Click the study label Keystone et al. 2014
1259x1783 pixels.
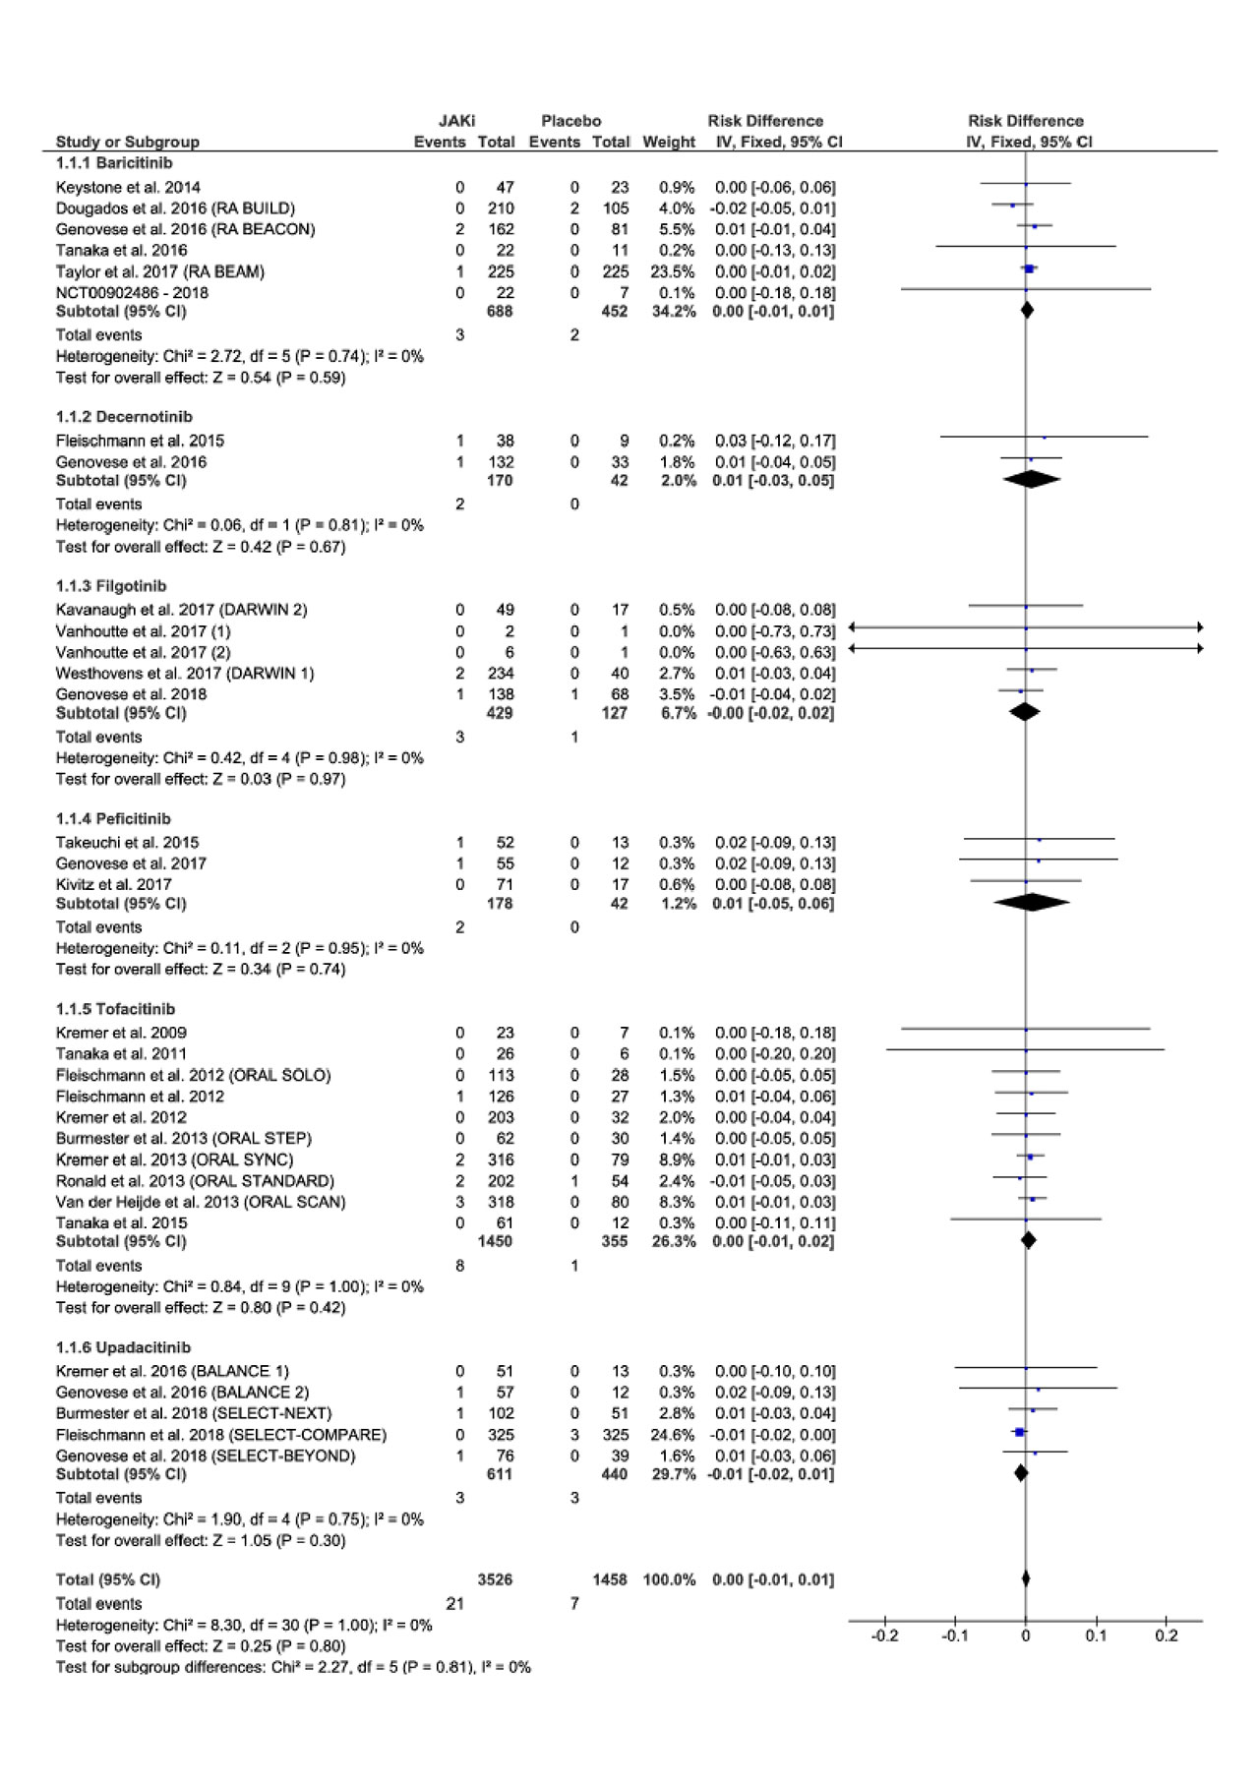pyautogui.click(x=128, y=187)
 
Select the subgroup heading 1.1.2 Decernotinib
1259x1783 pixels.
pyautogui.click(x=124, y=417)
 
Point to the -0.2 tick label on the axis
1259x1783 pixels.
pyautogui.click(x=885, y=1635)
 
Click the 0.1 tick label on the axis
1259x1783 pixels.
pyautogui.click(x=1096, y=1635)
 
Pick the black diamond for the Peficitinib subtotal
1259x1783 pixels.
pyautogui.click(x=1031, y=903)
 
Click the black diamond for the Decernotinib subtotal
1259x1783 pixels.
pyautogui.click(x=1031, y=480)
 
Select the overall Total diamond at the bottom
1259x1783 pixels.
pyautogui.click(x=1026, y=1579)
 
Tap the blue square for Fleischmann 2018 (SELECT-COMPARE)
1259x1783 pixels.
pyautogui.click(x=1020, y=1432)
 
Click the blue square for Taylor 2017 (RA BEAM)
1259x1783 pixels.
pyautogui.click(x=1029, y=268)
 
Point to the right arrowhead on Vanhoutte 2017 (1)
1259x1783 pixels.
pyautogui.click(x=1198, y=626)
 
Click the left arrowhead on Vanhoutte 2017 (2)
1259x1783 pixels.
pyautogui.click(x=853, y=648)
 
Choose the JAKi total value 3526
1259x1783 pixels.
pyautogui.click(x=495, y=1579)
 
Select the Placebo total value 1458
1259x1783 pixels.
pyautogui.click(x=610, y=1579)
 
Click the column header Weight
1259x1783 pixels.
pyautogui.click(x=669, y=142)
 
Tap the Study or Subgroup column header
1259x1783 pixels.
pyautogui.click(x=128, y=142)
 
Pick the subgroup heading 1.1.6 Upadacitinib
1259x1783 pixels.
pyautogui.click(x=123, y=1347)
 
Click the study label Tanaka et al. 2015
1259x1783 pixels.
pyautogui.click(x=121, y=1222)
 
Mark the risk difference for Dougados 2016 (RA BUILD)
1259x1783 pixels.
pyautogui.click(x=774, y=208)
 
